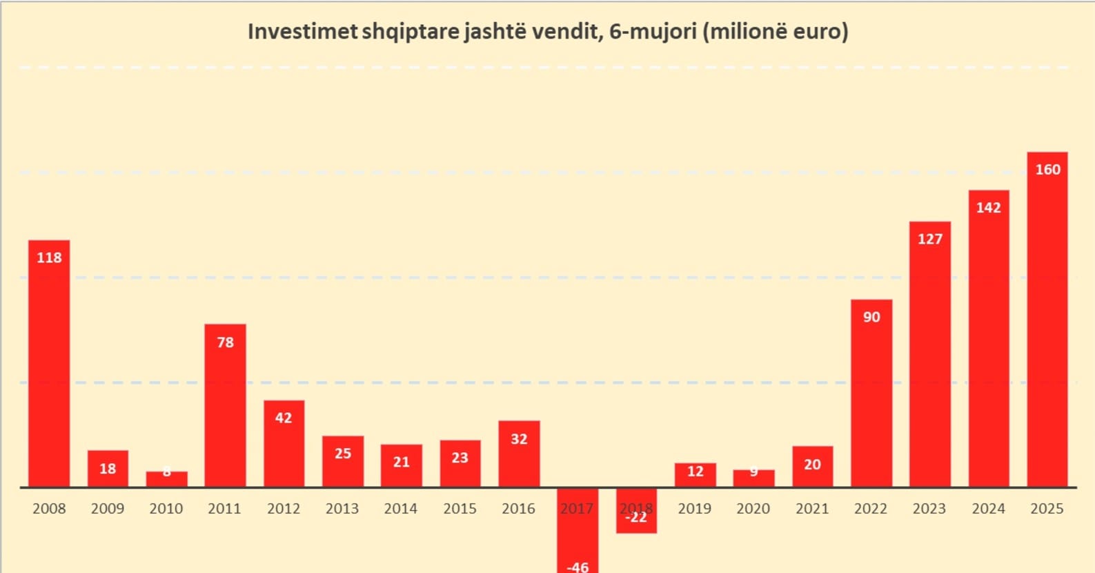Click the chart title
pyautogui.click(x=548, y=32)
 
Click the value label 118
pyautogui.click(x=49, y=258)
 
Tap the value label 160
pyautogui.click(x=1047, y=170)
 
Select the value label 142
pyautogui.click(x=988, y=208)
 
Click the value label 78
pyautogui.click(x=225, y=342)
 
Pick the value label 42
pyautogui.click(x=284, y=418)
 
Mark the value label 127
pyautogui.click(x=929, y=239)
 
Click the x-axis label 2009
pyautogui.click(x=108, y=509)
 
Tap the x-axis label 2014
pyautogui.click(x=401, y=509)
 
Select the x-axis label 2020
pyautogui.click(x=753, y=509)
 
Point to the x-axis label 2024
pyautogui.click(x=988, y=509)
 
